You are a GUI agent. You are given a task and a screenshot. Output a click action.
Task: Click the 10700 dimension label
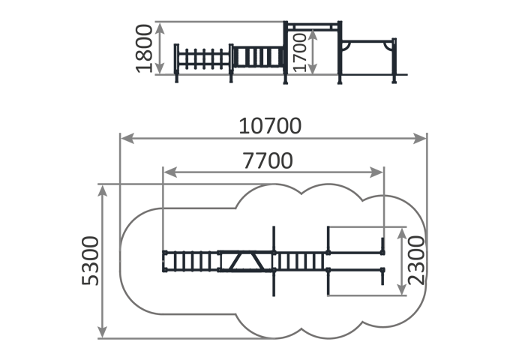point(270,126)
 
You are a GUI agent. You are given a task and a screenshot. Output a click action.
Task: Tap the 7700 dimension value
point(268,160)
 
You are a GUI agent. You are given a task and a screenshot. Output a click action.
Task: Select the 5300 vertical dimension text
point(90,261)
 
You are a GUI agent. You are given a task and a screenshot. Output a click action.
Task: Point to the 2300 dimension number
point(416,260)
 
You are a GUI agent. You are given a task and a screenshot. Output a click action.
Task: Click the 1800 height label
point(144,49)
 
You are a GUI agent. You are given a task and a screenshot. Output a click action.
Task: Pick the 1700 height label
point(299,52)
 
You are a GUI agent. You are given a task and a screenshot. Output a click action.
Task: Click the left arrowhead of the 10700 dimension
point(127,139)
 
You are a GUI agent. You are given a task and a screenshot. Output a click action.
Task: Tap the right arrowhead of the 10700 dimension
point(420,139)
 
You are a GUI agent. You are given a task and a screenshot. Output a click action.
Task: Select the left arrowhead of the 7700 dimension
point(170,172)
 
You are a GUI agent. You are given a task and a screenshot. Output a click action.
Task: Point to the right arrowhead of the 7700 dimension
point(376,172)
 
